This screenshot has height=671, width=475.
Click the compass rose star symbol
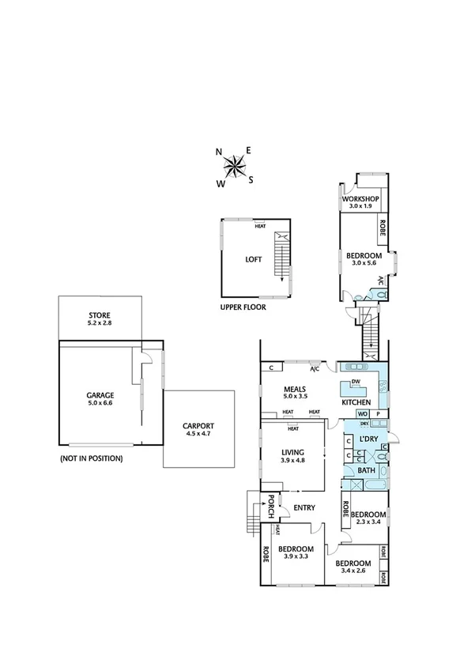coord(235,166)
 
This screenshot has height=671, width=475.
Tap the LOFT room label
coord(253,258)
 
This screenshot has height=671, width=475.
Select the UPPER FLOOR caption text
coord(243,307)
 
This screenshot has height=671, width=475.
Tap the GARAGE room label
coord(100,395)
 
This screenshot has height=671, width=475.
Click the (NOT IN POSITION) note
coord(91,458)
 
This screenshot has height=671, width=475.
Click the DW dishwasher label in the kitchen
coord(356,382)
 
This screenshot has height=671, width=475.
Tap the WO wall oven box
coord(363,413)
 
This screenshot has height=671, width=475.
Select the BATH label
coord(367,470)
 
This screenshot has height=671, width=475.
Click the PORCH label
coord(270,506)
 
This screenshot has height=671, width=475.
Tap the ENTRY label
coord(304,507)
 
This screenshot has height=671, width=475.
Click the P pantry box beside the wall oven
coord(378,413)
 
